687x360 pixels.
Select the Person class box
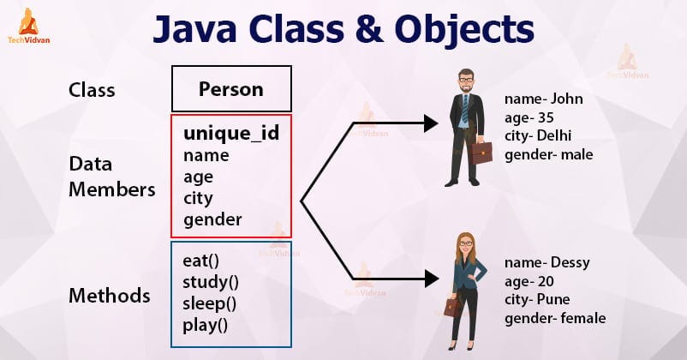click(x=231, y=89)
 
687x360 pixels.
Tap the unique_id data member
click(x=231, y=134)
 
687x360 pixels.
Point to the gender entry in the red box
click(x=212, y=219)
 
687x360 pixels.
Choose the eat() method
click(x=202, y=261)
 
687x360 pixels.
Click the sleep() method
click(x=209, y=303)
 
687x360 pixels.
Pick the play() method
click(x=206, y=324)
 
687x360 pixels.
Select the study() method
click(x=211, y=282)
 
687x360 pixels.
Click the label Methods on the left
click(x=110, y=297)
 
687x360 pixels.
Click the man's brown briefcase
click(x=481, y=153)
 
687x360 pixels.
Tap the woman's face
click(x=465, y=247)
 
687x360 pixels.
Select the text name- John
click(x=544, y=99)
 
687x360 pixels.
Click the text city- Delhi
click(x=538, y=136)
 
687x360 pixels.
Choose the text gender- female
click(x=555, y=318)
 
